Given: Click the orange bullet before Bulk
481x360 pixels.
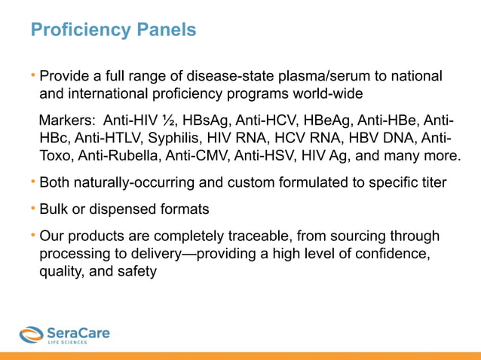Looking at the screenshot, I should (33, 207).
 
